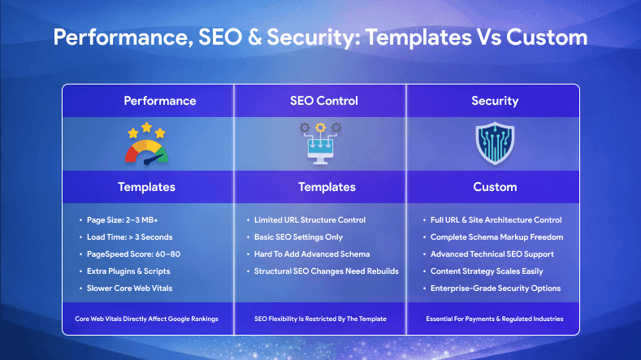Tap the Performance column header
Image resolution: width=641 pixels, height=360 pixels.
click(159, 101)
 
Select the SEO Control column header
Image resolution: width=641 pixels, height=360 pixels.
click(323, 101)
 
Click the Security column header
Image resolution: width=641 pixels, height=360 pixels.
click(495, 101)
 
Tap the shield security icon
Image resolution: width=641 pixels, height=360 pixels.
click(495, 144)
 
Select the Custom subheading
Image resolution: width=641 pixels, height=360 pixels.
click(495, 187)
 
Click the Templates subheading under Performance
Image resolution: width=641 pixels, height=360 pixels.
click(146, 187)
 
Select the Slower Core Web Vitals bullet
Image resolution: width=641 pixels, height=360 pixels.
click(130, 288)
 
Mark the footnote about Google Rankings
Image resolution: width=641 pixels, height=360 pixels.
click(148, 319)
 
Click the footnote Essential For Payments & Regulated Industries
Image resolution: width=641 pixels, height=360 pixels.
click(495, 319)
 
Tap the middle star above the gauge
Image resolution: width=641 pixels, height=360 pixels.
click(148, 127)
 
